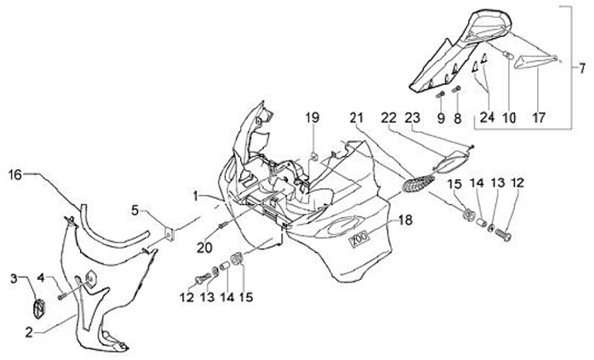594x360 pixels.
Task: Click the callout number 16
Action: point(16,174)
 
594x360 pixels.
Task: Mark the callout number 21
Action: point(355,118)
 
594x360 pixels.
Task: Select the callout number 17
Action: point(539,118)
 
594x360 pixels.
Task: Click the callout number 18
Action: point(404,220)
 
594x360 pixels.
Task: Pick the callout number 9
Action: point(441,118)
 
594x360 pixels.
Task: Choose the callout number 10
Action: point(509,118)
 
